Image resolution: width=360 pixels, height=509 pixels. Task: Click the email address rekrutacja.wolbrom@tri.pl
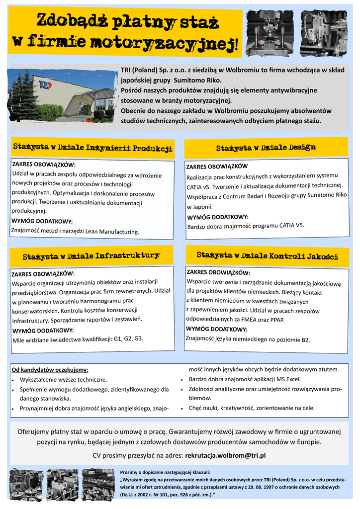[x=225, y=455]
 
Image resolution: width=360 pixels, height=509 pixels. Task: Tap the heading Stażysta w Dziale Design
[x=266, y=148]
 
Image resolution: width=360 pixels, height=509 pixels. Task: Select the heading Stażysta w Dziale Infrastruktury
[x=91, y=256]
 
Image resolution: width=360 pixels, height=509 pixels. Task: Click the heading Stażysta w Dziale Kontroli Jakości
[x=267, y=255]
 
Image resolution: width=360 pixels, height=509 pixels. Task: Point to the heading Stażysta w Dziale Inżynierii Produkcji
[x=92, y=147]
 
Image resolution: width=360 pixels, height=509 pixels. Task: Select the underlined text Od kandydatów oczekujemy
[x=50, y=370]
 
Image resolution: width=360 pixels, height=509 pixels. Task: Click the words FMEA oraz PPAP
[x=263, y=320]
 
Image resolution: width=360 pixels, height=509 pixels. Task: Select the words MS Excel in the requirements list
[x=288, y=379]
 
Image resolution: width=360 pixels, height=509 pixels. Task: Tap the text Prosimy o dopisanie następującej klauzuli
[x=165, y=471]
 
